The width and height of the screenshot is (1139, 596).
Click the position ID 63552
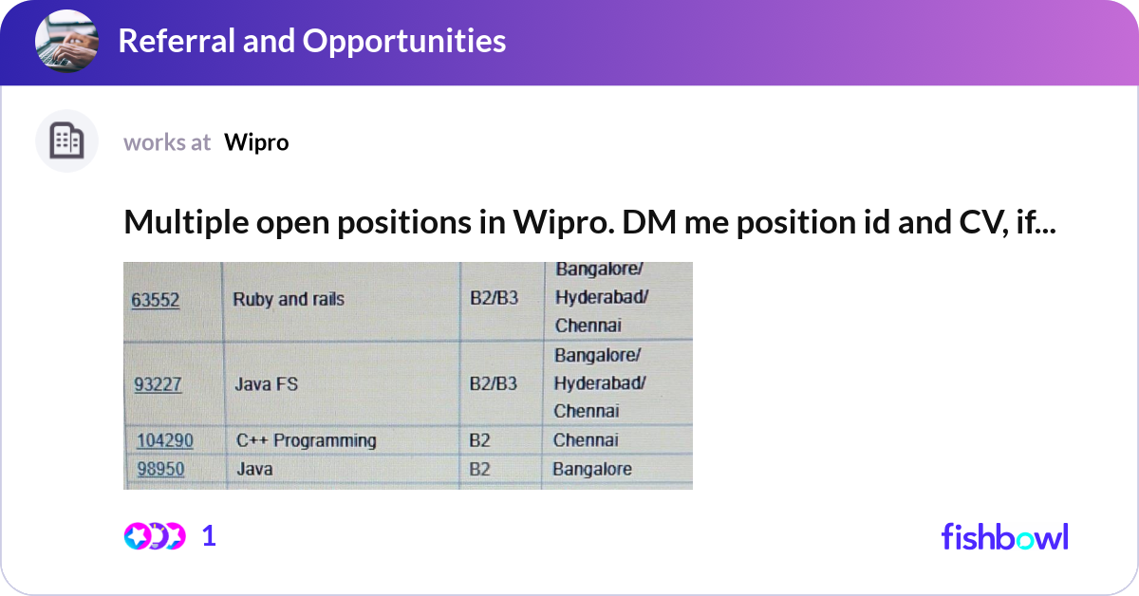[x=156, y=300]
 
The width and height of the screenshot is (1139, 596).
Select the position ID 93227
[x=157, y=384]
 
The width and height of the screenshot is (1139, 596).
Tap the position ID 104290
[x=165, y=440]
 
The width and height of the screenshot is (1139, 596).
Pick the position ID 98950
[x=160, y=469]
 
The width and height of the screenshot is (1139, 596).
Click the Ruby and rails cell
[x=289, y=300]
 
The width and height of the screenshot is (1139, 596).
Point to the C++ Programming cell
[x=306, y=440]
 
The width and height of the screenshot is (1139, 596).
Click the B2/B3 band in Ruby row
[x=494, y=300]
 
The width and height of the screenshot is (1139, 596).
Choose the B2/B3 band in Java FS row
[x=494, y=384]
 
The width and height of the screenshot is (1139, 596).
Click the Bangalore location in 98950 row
[x=592, y=469]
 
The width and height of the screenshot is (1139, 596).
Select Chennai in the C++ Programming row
[x=586, y=440]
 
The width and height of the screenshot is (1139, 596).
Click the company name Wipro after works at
[x=256, y=142]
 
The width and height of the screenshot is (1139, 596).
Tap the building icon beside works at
[x=66, y=141]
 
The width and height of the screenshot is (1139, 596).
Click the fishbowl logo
[x=1004, y=536]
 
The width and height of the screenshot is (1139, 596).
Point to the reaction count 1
[x=209, y=536]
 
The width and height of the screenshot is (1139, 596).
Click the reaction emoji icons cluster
[x=154, y=536]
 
